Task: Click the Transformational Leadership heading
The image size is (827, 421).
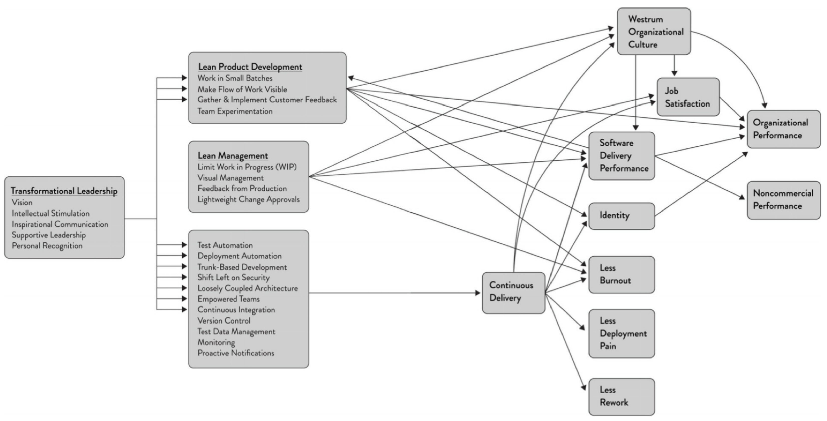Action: [64, 191]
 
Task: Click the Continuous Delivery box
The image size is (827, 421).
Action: [514, 293]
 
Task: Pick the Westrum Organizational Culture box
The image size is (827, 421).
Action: [654, 32]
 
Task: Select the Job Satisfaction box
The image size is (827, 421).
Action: [688, 97]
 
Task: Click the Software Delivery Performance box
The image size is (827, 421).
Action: [622, 156]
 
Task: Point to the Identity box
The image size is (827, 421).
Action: [622, 216]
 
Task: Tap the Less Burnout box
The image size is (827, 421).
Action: [622, 275]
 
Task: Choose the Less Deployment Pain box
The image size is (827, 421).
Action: [622, 333]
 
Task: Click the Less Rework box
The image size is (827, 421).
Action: [622, 397]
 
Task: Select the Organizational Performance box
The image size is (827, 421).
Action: [784, 129]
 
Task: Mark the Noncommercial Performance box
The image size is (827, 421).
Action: [784, 200]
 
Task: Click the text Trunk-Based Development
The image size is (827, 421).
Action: [242, 267]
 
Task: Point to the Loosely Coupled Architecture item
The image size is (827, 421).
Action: [247, 288]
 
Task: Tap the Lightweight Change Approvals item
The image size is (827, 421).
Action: [248, 199]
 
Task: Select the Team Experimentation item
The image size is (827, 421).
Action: [235, 111]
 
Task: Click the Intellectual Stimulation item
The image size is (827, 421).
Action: [51, 213]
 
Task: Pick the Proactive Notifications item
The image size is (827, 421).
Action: [236, 353]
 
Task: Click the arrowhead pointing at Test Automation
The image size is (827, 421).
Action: [184, 245]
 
